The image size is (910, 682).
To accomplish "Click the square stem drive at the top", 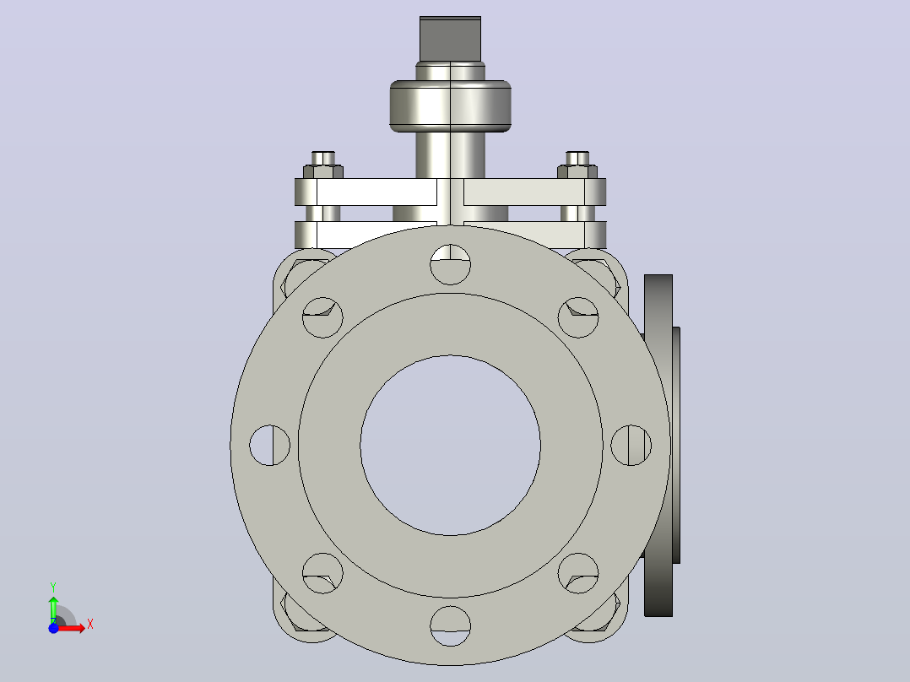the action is click(x=451, y=39).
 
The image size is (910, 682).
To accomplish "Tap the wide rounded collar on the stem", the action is click(x=451, y=106).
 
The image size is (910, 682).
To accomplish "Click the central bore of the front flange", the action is click(x=451, y=445).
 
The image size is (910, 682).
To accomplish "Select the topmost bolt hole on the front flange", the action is click(x=451, y=265).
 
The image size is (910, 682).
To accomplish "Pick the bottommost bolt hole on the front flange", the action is click(x=451, y=625).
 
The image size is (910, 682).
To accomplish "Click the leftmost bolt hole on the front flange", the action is click(x=270, y=445).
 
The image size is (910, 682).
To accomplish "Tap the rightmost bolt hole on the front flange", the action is click(x=631, y=445).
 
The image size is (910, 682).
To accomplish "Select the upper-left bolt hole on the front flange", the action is click(x=322, y=317).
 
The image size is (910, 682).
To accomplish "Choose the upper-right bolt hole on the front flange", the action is click(x=578, y=317).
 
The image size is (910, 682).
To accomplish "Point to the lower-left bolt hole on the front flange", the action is click(x=322, y=573).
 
